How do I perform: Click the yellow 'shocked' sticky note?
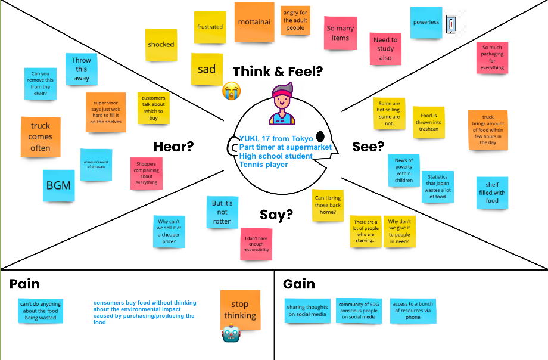tap(161, 45)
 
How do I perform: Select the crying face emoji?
tap(231, 91)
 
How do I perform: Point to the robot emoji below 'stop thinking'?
tap(231, 333)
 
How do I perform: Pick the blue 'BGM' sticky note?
tap(58, 185)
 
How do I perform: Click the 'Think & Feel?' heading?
tap(278, 72)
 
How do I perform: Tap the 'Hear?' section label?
tap(174, 147)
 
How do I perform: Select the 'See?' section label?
tap(368, 147)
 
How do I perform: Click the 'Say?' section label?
tap(276, 215)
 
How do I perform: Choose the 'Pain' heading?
tap(24, 284)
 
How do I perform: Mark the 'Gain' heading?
tap(299, 284)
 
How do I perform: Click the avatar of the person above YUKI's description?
tap(283, 104)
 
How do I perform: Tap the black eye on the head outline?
tap(320, 136)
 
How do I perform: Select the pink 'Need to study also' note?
tap(385, 49)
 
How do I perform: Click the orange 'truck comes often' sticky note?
tap(41, 136)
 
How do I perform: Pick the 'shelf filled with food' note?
tap(492, 193)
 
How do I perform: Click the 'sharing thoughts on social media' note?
tap(307, 311)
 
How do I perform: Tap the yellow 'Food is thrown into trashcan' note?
tap(429, 122)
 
